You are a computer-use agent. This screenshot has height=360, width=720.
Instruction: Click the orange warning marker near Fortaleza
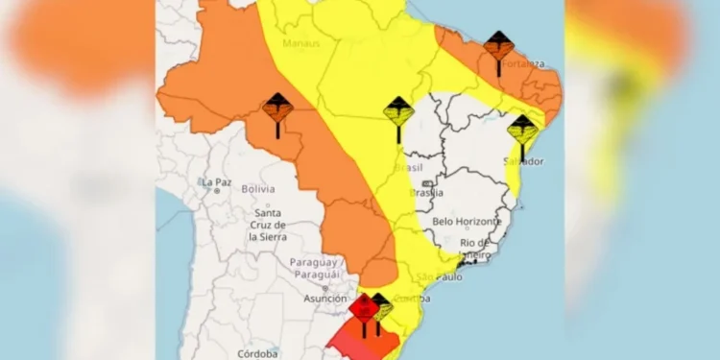click(498, 46)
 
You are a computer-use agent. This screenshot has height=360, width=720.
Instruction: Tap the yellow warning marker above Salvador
click(522, 130)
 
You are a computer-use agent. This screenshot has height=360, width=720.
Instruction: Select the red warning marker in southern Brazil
click(363, 309)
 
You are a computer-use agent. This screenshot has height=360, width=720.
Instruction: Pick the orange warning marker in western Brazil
click(277, 108)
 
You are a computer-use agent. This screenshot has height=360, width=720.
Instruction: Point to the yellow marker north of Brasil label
click(398, 113)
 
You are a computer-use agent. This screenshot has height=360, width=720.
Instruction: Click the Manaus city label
click(300, 44)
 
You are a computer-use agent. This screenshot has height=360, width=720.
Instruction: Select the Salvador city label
click(523, 161)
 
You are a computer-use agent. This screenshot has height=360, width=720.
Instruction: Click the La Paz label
click(217, 181)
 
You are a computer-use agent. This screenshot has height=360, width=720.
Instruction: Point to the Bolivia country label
click(257, 189)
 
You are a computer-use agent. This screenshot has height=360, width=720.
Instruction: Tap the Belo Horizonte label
click(467, 221)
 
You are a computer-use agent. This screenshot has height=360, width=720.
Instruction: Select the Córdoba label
click(258, 353)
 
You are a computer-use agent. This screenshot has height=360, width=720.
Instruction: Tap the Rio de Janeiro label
click(476, 248)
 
